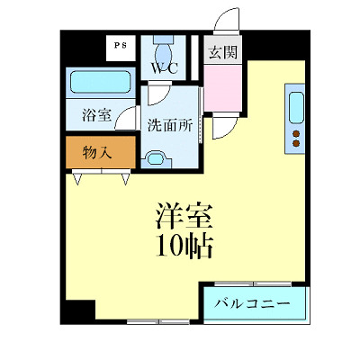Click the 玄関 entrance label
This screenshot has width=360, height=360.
tap(221, 51)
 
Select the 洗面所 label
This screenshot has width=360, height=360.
tap(170, 125)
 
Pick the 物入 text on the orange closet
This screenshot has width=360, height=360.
tap(96, 152)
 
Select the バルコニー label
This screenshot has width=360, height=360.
tap(252, 304)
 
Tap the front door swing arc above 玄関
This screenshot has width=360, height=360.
tap(229, 21)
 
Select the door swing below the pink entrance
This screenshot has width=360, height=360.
tap(222, 127)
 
